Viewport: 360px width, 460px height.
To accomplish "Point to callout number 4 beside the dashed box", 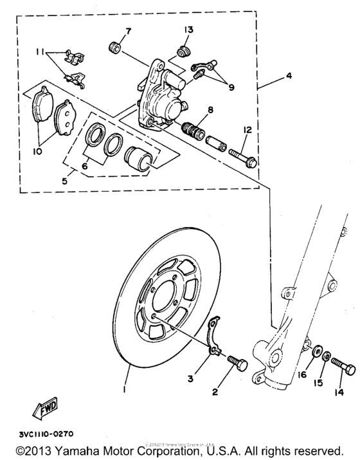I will click(x=289, y=76).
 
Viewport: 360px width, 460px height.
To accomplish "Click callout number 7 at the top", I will click(x=127, y=31).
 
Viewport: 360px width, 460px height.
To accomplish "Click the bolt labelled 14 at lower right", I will click(x=343, y=370).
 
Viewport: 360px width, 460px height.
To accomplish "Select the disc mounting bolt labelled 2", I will click(x=237, y=365).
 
